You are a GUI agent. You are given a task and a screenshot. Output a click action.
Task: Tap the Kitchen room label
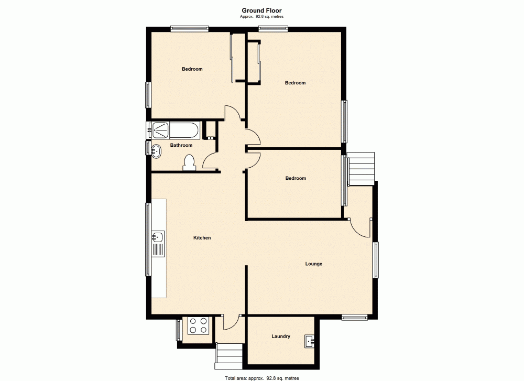tap(202, 238)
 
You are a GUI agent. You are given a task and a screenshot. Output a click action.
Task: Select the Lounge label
tap(314, 264)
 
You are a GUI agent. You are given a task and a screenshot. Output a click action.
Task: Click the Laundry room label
tap(281, 336)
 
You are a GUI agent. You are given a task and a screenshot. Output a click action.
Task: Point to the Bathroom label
tap(181, 145)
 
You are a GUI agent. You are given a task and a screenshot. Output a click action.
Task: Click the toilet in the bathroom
tap(190, 163)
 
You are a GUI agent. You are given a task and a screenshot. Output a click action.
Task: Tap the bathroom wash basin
tap(156, 151)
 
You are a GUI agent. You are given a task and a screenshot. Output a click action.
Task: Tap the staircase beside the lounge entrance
tap(362, 168)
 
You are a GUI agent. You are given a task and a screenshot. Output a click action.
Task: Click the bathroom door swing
tap(211, 161)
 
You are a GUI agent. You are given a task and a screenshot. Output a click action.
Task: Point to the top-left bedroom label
tap(192, 69)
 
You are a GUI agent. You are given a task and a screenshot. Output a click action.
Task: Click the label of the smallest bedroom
tap(296, 178)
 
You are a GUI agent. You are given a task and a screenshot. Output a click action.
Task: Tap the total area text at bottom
tap(261, 377)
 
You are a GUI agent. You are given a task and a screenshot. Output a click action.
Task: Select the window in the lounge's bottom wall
tap(355, 317)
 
